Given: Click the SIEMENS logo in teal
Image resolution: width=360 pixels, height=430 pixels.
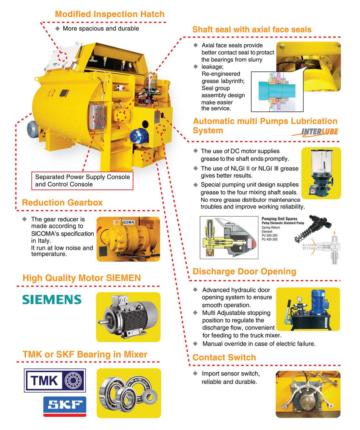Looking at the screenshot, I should [x=52, y=300].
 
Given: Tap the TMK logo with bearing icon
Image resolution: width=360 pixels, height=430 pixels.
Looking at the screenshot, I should [x=55, y=380].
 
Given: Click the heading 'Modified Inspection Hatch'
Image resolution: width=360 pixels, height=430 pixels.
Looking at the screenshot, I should [x=110, y=14].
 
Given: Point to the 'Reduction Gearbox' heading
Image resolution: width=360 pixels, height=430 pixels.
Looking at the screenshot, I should [x=62, y=202].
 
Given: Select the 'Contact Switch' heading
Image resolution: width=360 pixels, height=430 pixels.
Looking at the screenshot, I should [x=224, y=357].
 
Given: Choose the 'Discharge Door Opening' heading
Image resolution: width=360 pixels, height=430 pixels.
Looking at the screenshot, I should [x=244, y=272].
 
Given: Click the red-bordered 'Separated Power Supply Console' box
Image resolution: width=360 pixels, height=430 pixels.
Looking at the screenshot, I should [x=82, y=181].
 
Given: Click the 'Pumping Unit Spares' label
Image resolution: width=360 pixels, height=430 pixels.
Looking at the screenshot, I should [x=279, y=219].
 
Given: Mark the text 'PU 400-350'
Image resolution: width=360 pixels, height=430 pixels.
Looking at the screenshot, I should [x=270, y=239].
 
